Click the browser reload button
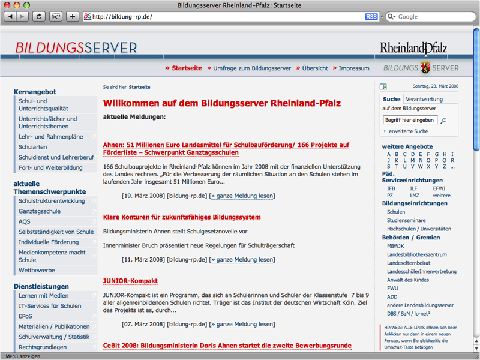pyautogui.click(x=39, y=16)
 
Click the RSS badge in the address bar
pyautogui.click(x=371, y=17)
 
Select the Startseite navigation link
pyautogui.click(x=187, y=68)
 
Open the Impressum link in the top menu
pyautogui.click(x=354, y=68)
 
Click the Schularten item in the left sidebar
pyautogui.click(x=33, y=147)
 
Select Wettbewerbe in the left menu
pyautogui.click(x=37, y=270)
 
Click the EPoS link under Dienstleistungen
pyautogui.click(x=26, y=316)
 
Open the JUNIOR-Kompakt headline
pyautogui.click(x=130, y=281)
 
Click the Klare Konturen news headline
pyautogui.click(x=173, y=217)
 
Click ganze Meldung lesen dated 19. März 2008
pyautogui.click(x=242, y=196)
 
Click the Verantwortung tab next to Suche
pyautogui.click(x=424, y=99)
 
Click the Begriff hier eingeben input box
pyautogui.click(x=410, y=120)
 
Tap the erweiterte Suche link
pyautogui.click(x=408, y=131)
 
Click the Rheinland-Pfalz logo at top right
pyautogui.click(x=413, y=48)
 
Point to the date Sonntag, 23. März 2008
pyautogui.click(x=435, y=86)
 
